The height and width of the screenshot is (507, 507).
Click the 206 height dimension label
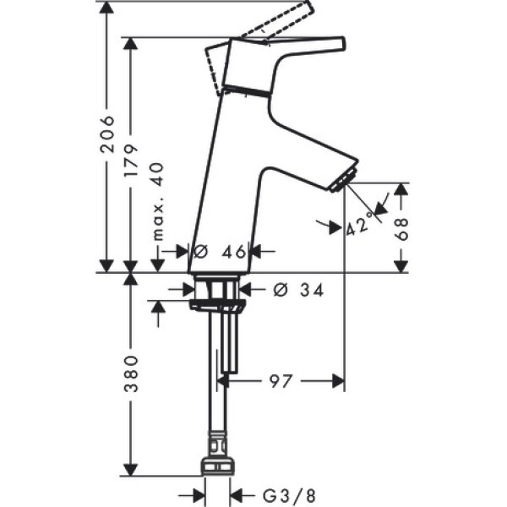(106, 134)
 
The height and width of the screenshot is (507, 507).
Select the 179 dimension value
(131, 161)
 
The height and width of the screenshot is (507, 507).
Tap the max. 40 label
(158, 202)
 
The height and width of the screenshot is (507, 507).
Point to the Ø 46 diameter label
(221, 251)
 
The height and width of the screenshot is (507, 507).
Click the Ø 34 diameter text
(298, 290)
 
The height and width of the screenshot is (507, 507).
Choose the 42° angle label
(357, 226)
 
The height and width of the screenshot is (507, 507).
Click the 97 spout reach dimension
(281, 381)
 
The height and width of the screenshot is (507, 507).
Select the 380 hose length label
(131, 373)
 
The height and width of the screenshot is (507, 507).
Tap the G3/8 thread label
(288, 495)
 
